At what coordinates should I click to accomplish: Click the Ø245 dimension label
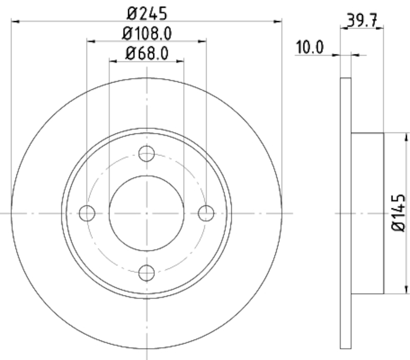pos(147,11)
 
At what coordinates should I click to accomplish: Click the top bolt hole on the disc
pos(147,153)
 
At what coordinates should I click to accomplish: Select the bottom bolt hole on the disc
pos(147,272)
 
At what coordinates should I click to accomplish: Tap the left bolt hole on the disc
pos(88,212)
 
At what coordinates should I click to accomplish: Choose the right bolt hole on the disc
pos(206,212)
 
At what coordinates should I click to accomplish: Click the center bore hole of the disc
pos(147,212)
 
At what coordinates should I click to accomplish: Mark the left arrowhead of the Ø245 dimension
pos(15,21)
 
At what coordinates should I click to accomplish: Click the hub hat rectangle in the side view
pos(367,213)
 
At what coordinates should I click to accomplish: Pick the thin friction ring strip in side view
pos(346,213)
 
